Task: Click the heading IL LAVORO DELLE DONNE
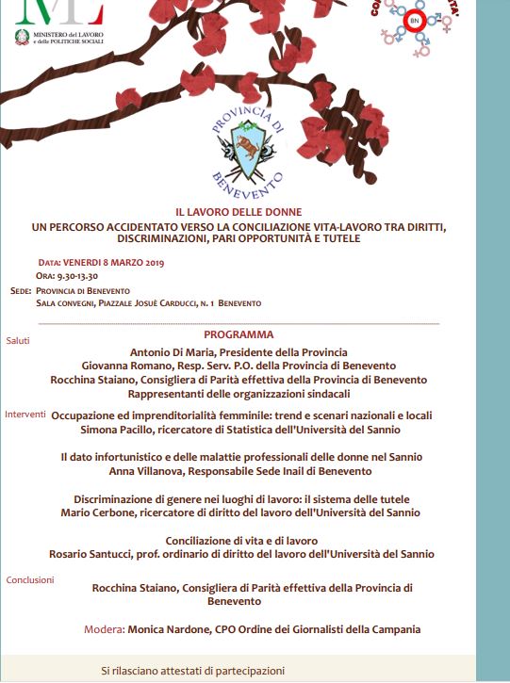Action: tap(238, 213)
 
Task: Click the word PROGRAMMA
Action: tap(239, 334)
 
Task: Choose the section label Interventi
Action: tap(25, 414)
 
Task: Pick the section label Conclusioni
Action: tap(30, 579)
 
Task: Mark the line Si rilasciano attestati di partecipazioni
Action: tap(192, 671)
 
